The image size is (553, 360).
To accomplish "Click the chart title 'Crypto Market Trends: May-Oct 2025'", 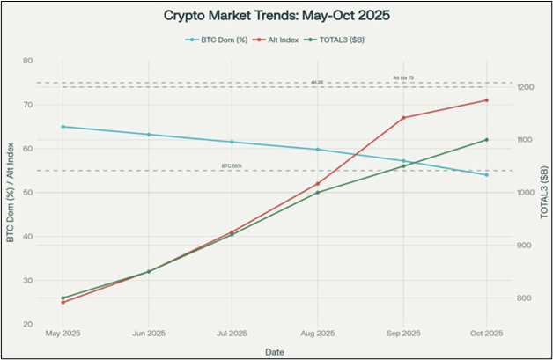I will point(276,16).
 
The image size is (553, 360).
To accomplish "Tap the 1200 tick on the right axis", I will point(526,87).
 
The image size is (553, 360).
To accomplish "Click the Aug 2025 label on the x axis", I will point(317,334).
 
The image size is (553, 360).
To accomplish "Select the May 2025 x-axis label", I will point(63,334).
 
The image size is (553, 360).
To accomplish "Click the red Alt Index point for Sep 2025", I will point(402,118).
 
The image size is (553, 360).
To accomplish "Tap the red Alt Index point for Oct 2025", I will point(486,100).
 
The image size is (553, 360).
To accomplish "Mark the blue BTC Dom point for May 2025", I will point(63,127).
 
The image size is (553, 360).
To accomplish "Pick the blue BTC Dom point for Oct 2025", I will point(486,174).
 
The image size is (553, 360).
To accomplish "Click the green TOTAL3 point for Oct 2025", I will point(486,140).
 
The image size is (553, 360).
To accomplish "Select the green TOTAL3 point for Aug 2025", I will point(317,192).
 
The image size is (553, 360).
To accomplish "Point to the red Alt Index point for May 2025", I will point(63,302).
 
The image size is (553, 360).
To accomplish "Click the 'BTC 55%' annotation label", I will point(232,166).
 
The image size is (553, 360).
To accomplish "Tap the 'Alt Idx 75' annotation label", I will point(402,78).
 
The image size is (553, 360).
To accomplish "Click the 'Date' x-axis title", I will point(275,350).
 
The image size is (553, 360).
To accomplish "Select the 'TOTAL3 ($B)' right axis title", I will point(543,193).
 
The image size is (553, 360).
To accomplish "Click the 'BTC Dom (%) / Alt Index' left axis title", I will point(11,193).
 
